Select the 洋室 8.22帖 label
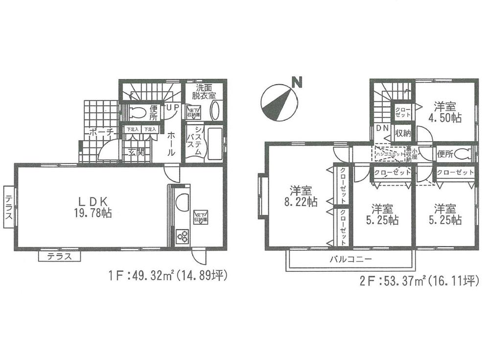coord(303,196)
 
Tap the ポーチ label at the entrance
coord(101,131)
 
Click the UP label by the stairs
coord(172,107)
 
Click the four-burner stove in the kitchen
coord(182,237)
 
